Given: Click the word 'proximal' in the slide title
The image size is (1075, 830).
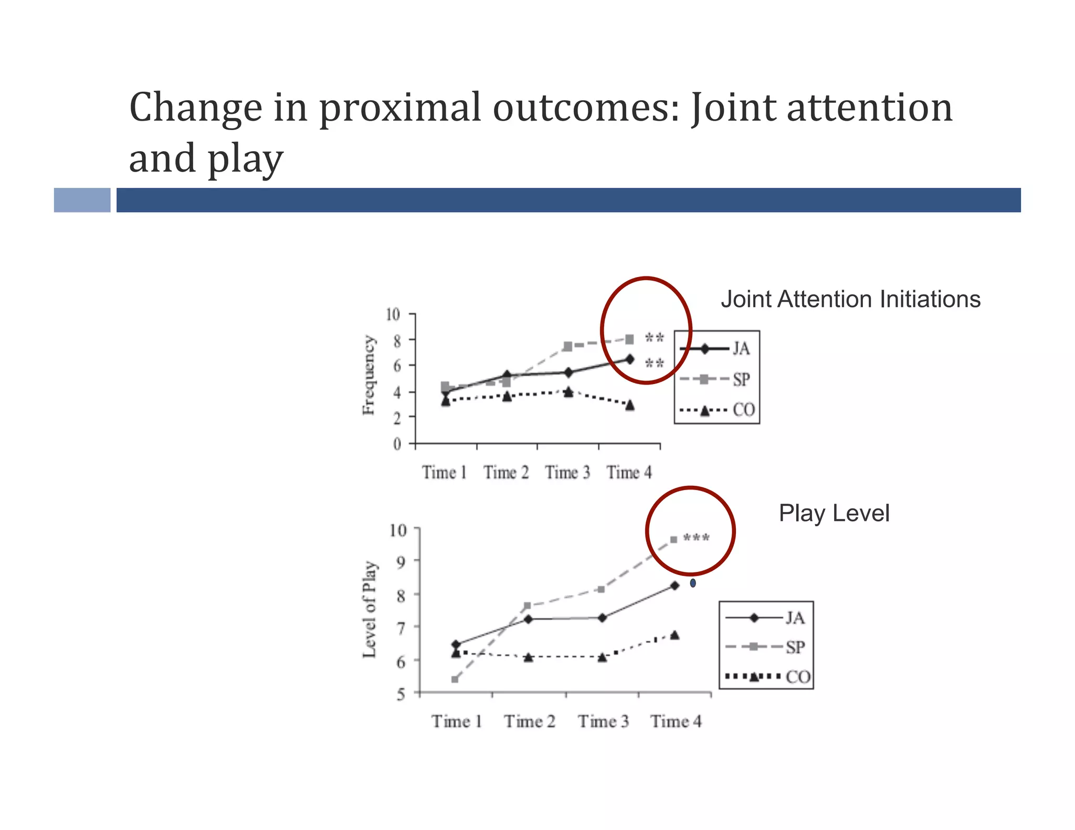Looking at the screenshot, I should pos(399,109).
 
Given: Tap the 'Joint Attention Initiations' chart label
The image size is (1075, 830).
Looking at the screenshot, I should pos(850,300).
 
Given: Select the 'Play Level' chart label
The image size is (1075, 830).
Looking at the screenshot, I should pos(834,513).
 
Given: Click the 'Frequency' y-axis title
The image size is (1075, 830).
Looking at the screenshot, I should pos(369,375).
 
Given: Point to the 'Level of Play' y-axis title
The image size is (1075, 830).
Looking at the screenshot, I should pos(370,609).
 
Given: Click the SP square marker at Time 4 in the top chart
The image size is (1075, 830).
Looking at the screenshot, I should pos(629,339).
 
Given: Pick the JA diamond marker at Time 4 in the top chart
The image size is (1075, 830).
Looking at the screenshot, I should pos(629,359).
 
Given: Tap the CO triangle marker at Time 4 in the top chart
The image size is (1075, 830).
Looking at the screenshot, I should pos(629,405).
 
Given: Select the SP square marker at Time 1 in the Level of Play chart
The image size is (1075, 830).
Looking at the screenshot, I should pos(455,679).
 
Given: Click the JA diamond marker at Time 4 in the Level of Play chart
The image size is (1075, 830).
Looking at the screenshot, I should pos(674,586).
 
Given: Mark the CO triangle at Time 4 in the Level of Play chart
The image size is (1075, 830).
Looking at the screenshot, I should pos(674,635).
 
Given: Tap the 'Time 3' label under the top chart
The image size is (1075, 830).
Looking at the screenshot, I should pos(567,473).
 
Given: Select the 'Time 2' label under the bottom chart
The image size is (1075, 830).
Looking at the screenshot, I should pos(530,721).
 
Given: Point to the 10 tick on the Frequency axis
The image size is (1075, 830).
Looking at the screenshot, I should pos(393,315).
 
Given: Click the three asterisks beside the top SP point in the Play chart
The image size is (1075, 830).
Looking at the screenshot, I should pos(697,538).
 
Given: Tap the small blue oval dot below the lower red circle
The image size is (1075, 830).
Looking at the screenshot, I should pos(693,583).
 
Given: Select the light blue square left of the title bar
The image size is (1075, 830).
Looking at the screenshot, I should pos(82,200).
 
